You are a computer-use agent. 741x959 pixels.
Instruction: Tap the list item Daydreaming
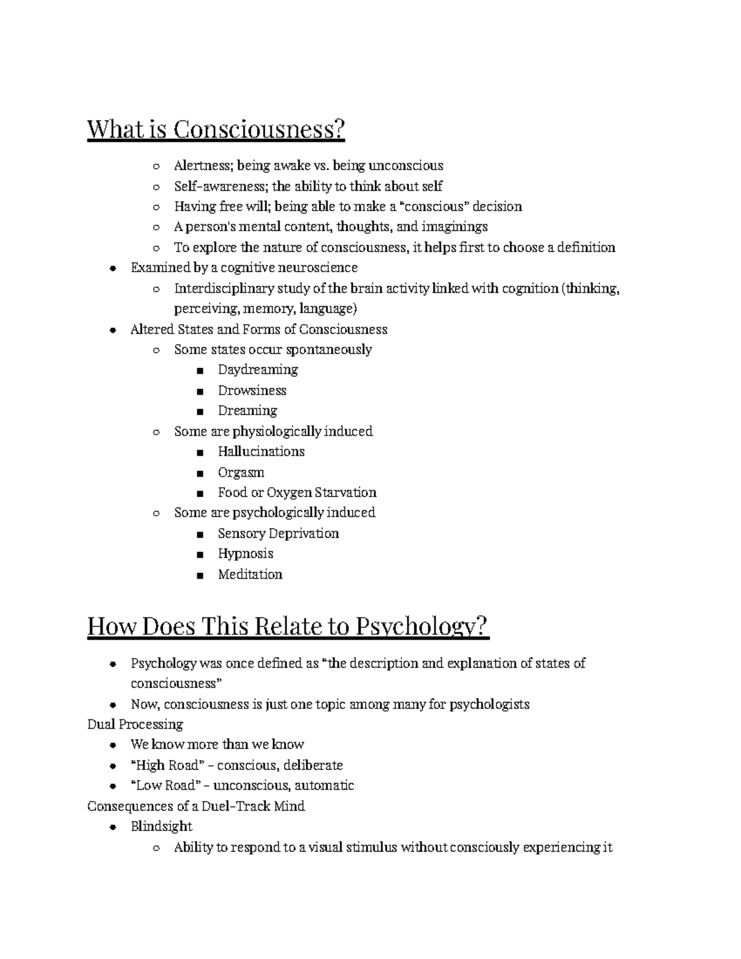257,370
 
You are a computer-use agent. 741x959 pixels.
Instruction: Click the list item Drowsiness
252,390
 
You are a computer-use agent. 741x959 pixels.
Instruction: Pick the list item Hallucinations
261,451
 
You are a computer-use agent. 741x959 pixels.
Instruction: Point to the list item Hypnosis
245,553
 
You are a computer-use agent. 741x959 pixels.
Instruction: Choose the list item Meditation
250,574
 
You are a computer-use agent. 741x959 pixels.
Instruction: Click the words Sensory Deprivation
278,533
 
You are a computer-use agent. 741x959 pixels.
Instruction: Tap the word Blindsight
161,826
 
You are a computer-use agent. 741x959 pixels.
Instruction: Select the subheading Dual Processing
135,724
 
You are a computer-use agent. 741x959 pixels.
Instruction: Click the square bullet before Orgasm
199,474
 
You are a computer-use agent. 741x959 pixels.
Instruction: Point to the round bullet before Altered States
112,330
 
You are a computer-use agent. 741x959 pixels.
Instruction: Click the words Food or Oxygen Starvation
297,492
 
